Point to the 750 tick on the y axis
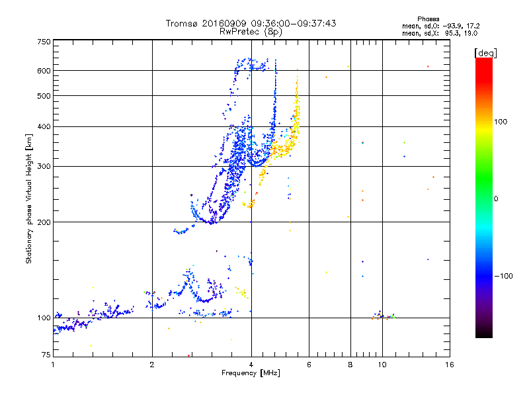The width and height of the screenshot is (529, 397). [x=44, y=42]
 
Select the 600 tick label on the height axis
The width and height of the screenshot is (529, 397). [x=44, y=71]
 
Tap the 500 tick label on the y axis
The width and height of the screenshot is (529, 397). [x=44, y=96]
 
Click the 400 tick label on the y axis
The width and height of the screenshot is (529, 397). [x=44, y=127]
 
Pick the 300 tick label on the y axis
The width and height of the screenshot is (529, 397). [x=44, y=166]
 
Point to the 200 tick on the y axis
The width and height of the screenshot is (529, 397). [x=44, y=222]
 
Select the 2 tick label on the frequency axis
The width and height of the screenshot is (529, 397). [x=152, y=365]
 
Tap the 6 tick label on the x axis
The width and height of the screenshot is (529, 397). [x=309, y=365]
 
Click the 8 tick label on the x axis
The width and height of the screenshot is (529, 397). [x=350, y=365]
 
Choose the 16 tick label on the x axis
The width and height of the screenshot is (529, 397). [x=449, y=365]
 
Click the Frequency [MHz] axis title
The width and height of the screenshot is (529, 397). [x=251, y=373]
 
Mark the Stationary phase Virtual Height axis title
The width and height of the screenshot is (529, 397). [x=29, y=198]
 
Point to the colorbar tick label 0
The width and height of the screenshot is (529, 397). [x=497, y=198]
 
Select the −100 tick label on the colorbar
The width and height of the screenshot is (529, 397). [x=504, y=276]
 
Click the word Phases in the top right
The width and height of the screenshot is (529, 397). [x=428, y=19]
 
